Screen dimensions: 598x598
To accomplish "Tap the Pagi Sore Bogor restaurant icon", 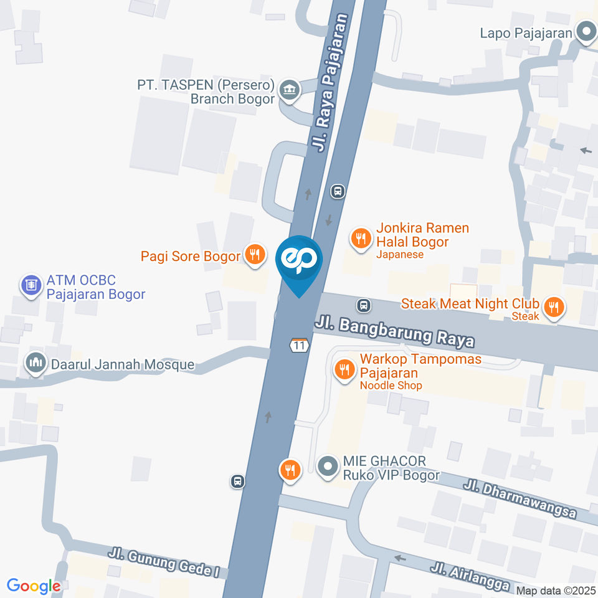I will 253,254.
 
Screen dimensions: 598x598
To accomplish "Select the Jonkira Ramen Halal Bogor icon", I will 360,237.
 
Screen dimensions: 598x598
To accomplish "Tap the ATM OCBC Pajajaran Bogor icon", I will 30,286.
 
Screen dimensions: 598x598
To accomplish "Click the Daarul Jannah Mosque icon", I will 36,363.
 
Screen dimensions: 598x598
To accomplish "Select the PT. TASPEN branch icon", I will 289,90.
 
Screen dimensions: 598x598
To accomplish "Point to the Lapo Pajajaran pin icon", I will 586,32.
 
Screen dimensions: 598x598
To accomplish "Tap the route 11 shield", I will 299,344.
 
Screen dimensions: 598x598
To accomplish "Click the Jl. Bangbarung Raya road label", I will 395,331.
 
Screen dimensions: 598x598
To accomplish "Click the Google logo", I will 34,586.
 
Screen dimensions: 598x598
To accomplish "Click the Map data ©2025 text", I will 554,590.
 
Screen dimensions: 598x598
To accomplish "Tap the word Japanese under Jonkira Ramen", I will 400,254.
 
